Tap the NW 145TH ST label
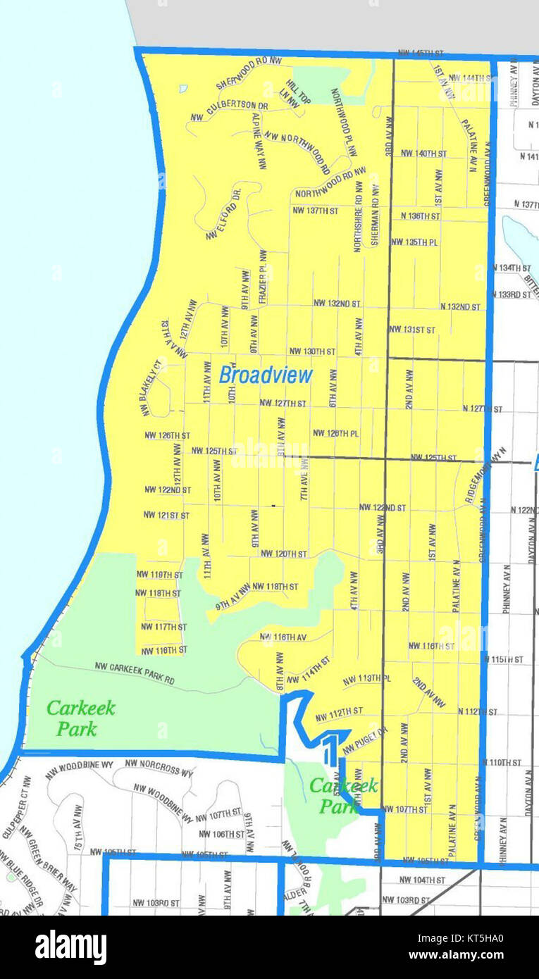point(421,54)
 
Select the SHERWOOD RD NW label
point(248,73)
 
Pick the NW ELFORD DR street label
point(224,213)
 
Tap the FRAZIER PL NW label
point(263,277)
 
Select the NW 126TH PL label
point(335,433)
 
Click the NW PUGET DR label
point(366,742)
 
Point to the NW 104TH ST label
point(421,880)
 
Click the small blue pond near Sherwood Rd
point(183,89)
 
